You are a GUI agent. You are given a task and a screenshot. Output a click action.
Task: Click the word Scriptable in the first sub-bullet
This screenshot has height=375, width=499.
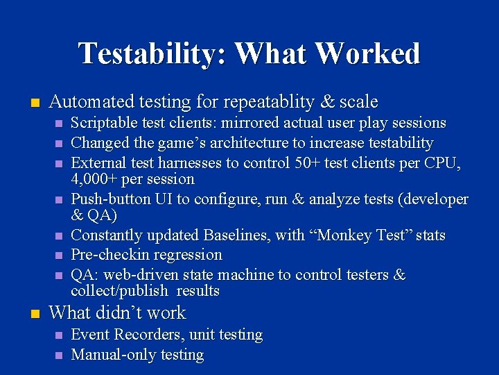pos(103,123)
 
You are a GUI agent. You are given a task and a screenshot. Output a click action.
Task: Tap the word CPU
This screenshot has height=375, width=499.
pos(441,163)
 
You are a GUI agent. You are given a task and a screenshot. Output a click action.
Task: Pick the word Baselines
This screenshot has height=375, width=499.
pos(236,235)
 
